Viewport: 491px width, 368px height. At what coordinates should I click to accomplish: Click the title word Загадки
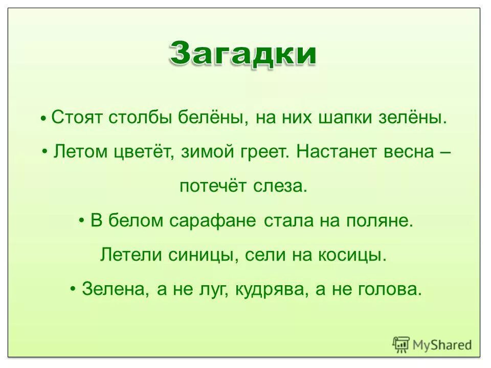pyautogui.click(x=243, y=54)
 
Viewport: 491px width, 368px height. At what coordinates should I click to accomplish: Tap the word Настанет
pyautogui.click(x=334, y=152)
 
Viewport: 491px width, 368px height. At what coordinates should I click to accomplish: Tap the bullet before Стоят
pyautogui.click(x=45, y=119)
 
